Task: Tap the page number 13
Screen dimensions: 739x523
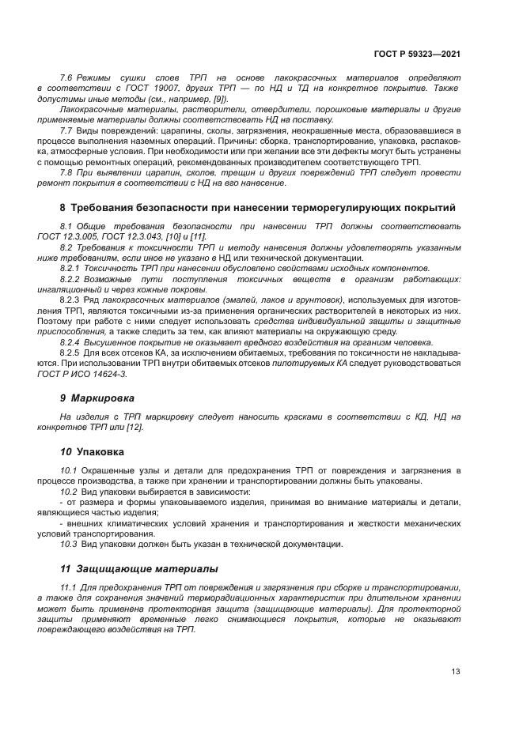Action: pyautogui.click(x=456, y=672)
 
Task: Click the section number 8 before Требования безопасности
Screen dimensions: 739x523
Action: pyautogui.click(x=63, y=209)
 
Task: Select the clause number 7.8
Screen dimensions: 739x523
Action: pyautogui.click(x=66, y=172)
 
